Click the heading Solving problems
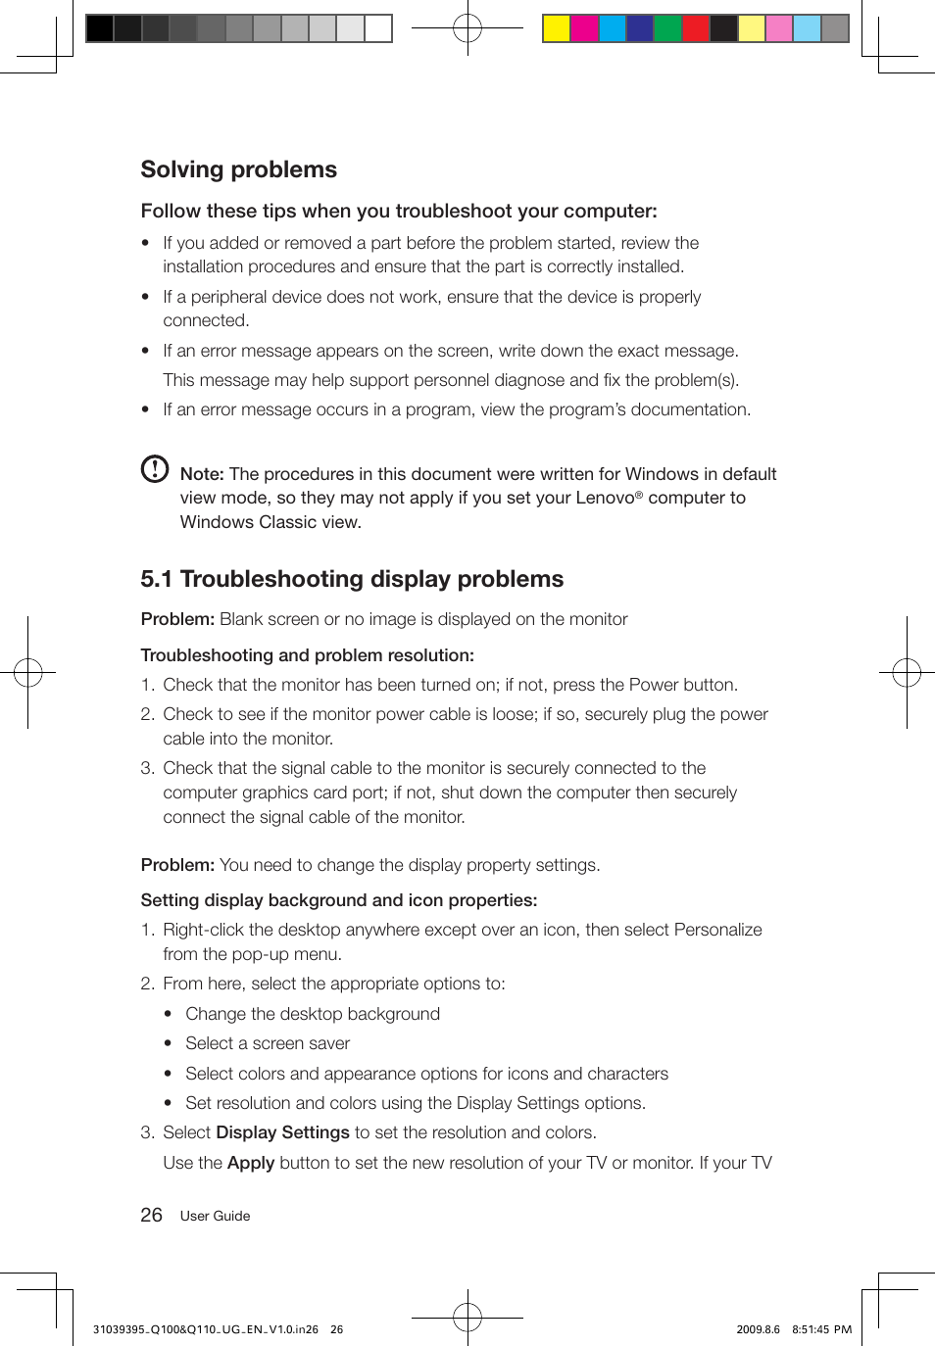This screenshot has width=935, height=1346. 238,169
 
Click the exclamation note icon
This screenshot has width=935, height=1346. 155,469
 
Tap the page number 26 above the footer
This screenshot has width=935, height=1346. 151,1215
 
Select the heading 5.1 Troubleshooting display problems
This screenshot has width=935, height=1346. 352,579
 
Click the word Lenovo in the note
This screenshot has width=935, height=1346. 605,498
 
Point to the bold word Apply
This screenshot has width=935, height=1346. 250,1163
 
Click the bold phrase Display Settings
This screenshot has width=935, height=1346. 282,1132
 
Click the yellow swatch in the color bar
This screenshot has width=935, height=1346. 557,28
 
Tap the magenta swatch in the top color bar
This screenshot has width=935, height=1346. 584,28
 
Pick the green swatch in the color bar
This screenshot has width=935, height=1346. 667,28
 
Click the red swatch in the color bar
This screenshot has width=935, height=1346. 696,28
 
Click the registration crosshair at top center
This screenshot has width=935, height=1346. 467,28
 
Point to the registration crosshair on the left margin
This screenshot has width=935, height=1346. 27,672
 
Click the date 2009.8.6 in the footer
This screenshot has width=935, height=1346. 758,1329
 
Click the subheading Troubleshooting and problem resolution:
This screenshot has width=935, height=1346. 307,655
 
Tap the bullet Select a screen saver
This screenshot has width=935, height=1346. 268,1043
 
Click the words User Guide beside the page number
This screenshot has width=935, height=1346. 215,1216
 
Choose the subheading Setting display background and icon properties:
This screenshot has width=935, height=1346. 338,900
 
